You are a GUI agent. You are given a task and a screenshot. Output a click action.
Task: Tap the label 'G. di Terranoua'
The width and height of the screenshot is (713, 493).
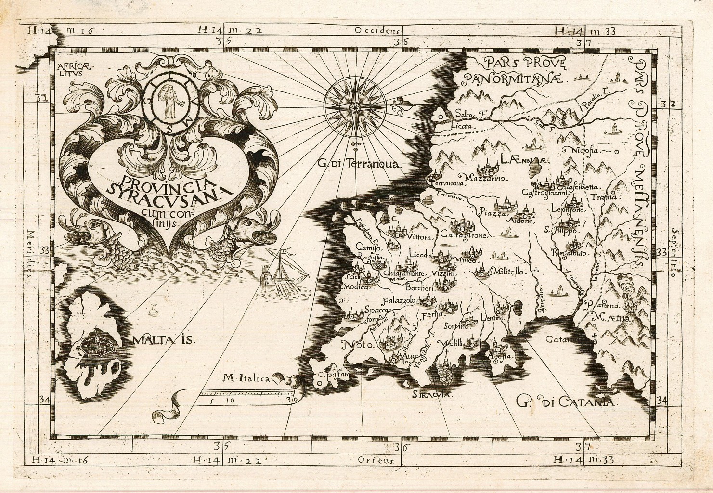click(359, 164)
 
